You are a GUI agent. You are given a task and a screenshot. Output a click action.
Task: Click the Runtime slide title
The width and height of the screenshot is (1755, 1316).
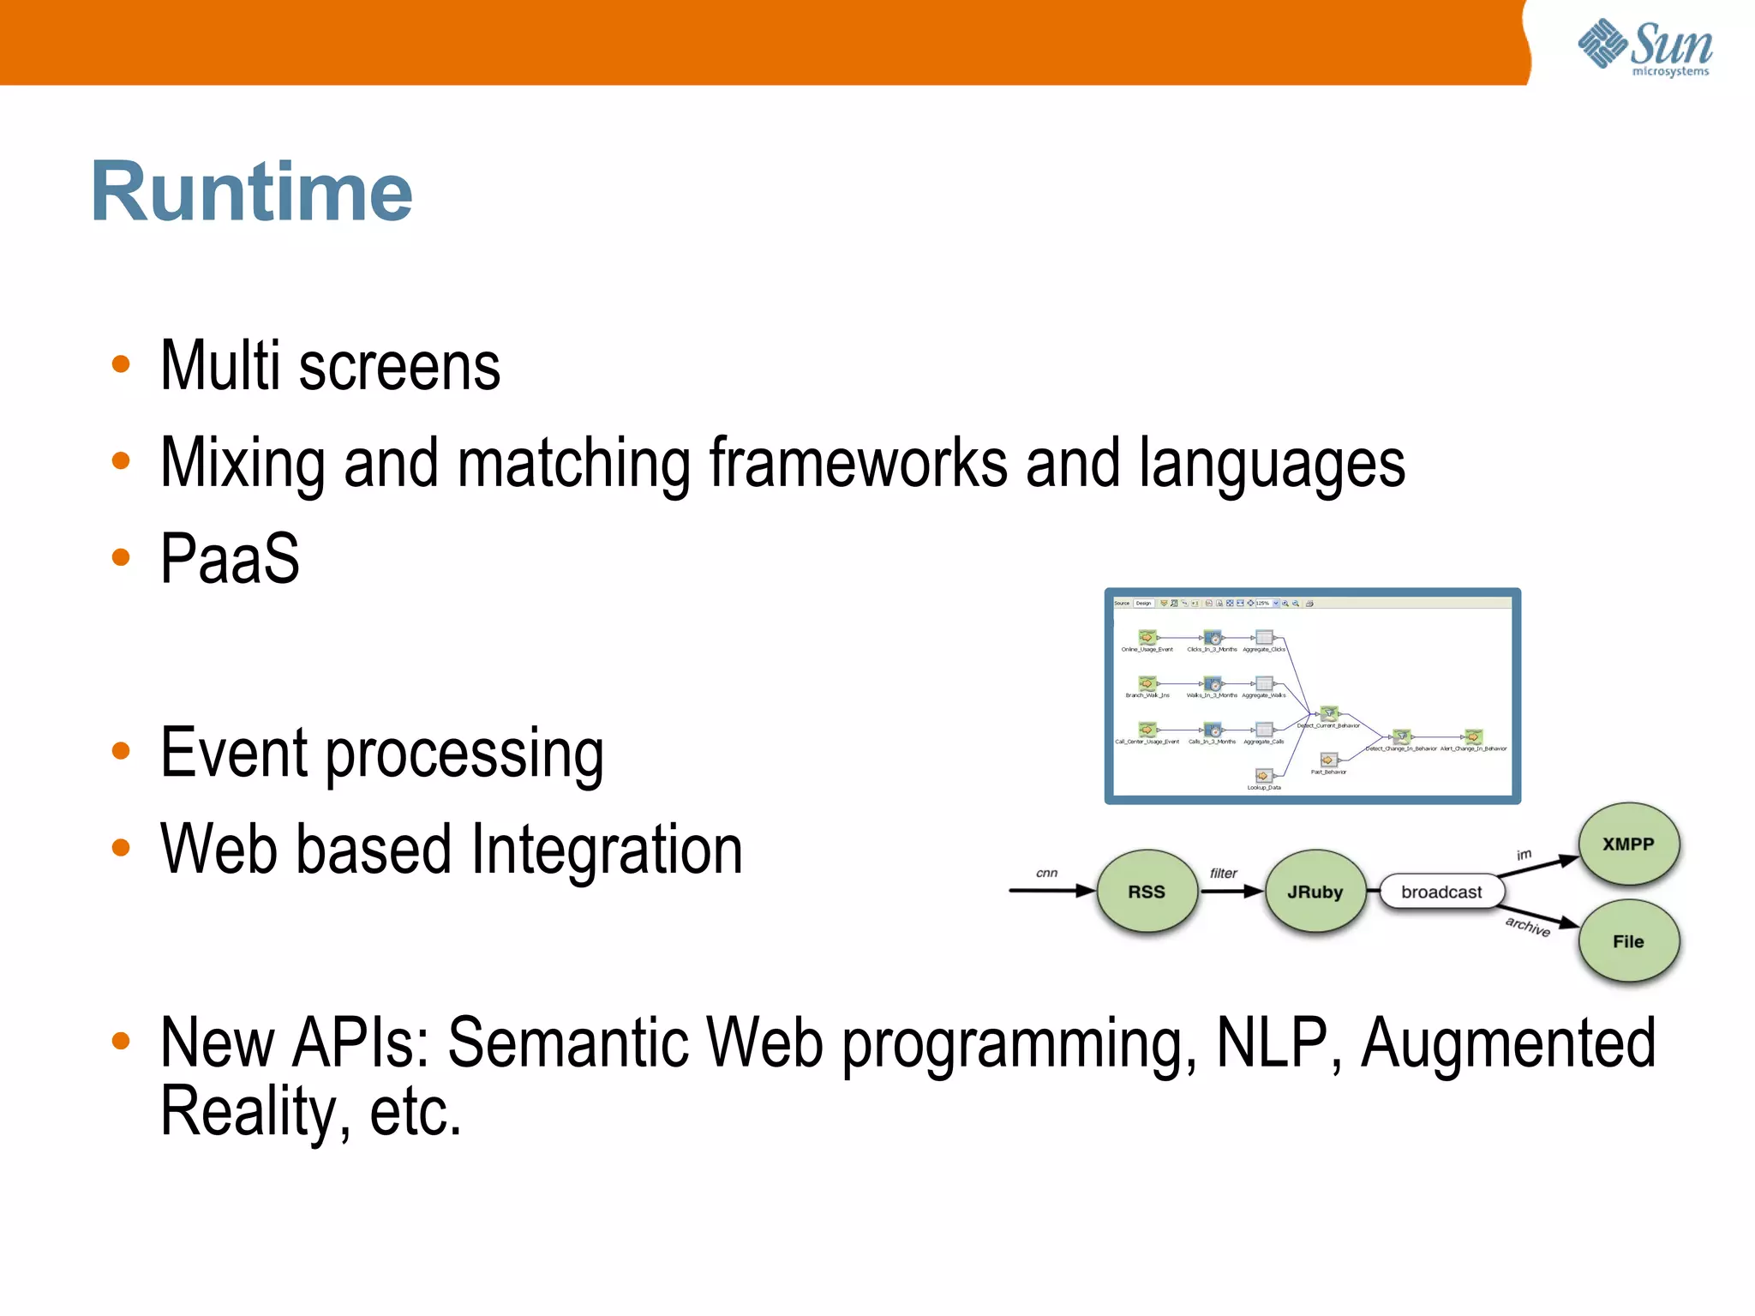point(251,192)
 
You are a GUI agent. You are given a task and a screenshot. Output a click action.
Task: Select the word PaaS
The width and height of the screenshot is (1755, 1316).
point(230,559)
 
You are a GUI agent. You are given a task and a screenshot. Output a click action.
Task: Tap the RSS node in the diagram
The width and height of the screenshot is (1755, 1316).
point(1146,892)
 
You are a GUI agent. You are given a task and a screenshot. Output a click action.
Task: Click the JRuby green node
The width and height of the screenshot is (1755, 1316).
point(1315,892)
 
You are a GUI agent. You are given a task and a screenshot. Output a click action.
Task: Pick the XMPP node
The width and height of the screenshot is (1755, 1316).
point(1628,844)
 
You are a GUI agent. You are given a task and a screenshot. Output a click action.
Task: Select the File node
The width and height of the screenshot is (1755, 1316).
point(1628,941)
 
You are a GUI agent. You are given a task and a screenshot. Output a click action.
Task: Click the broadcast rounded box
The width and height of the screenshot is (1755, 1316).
point(1441,892)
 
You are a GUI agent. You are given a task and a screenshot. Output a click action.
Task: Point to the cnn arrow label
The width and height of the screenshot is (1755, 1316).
point(1046,873)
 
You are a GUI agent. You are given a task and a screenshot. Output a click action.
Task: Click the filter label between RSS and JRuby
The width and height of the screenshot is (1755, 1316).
point(1223,873)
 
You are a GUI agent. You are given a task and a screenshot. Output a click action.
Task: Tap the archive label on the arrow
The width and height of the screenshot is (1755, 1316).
point(1528,927)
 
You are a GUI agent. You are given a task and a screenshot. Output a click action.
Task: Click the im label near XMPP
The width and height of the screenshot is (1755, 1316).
point(1524,854)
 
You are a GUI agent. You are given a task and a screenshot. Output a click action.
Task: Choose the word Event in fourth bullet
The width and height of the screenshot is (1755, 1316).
point(234,753)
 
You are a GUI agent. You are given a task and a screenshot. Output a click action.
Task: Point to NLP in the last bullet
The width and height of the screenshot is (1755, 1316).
point(1271,1043)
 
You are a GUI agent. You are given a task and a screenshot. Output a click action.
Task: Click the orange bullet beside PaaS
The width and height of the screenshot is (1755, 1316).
point(121,558)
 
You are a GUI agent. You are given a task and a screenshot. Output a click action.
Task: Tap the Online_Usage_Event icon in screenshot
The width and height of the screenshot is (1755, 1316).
point(1147,637)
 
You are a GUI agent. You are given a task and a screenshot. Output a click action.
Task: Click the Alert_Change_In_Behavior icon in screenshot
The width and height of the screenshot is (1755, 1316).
point(1472,736)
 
